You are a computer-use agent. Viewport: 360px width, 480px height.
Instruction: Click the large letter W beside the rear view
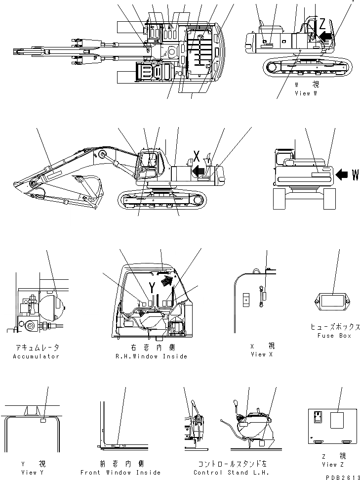355,175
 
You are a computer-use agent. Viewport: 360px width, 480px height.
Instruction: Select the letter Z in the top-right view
322,24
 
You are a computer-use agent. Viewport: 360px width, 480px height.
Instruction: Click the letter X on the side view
197,158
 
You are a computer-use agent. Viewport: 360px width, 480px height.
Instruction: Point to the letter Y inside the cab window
153,287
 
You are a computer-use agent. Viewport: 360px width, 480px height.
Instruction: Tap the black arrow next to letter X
199,171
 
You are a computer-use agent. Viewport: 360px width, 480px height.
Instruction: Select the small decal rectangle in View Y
43,422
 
